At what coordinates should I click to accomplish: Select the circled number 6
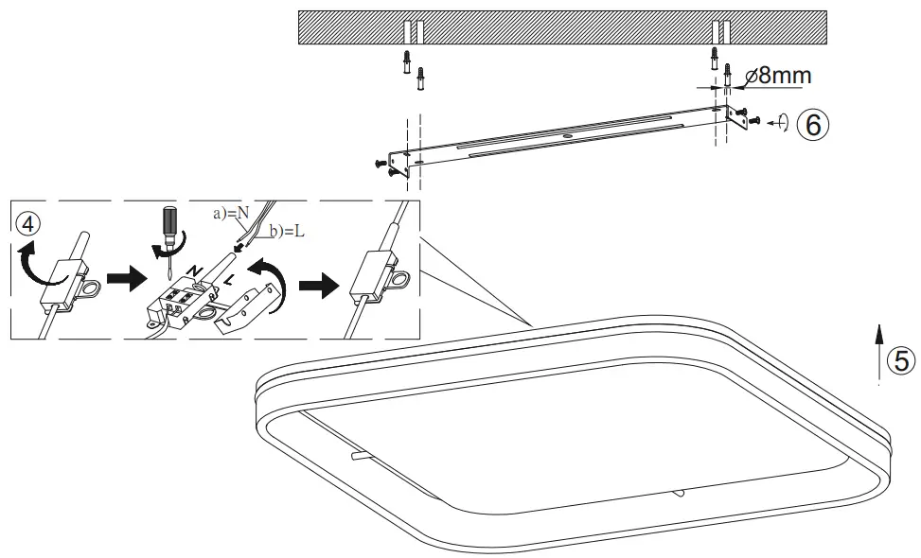coord(813,123)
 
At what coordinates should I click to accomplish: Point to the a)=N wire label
coord(230,214)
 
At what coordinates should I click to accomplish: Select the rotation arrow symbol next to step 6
coord(779,123)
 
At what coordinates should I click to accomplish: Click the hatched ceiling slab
coord(558,27)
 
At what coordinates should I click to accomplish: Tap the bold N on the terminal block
coord(196,271)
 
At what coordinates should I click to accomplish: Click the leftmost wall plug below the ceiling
coord(406,61)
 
